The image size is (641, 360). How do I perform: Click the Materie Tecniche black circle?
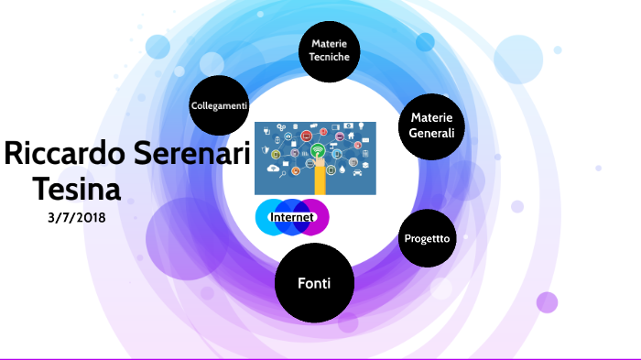(329, 51)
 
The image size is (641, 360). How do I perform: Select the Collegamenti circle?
(219, 105)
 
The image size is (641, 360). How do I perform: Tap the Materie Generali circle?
(431, 126)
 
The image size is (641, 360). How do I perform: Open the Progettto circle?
(428, 238)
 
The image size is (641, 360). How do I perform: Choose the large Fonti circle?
(314, 283)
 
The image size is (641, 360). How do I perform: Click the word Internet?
(292, 217)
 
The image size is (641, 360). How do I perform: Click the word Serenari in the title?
(191, 153)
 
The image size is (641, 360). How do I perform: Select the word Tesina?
(77, 189)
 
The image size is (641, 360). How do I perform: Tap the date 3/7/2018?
(77, 218)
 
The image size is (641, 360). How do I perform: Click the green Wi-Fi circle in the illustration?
(318, 150)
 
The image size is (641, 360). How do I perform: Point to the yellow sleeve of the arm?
(320, 180)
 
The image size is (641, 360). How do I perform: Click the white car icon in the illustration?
(357, 172)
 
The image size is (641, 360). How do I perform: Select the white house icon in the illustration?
(351, 136)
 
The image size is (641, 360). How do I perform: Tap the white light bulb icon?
(362, 126)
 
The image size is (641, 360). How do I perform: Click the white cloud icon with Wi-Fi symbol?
(273, 168)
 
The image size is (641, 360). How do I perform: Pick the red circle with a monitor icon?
(306, 136)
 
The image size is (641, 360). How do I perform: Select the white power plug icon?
(267, 130)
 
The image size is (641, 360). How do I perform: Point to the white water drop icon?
(342, 169)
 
